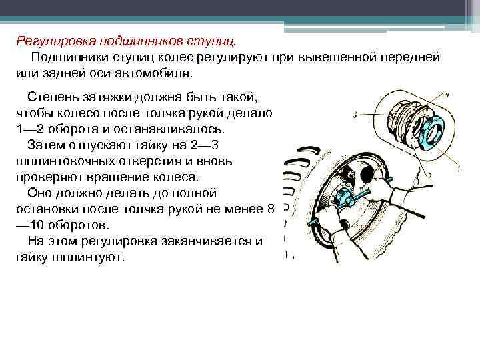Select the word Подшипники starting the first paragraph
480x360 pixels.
pyautogui.click(x=69, y=57)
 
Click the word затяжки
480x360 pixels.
pyautogui.click(x=106, y=99)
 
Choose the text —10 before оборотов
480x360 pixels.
pyautogui.click(x=27, y=225)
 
